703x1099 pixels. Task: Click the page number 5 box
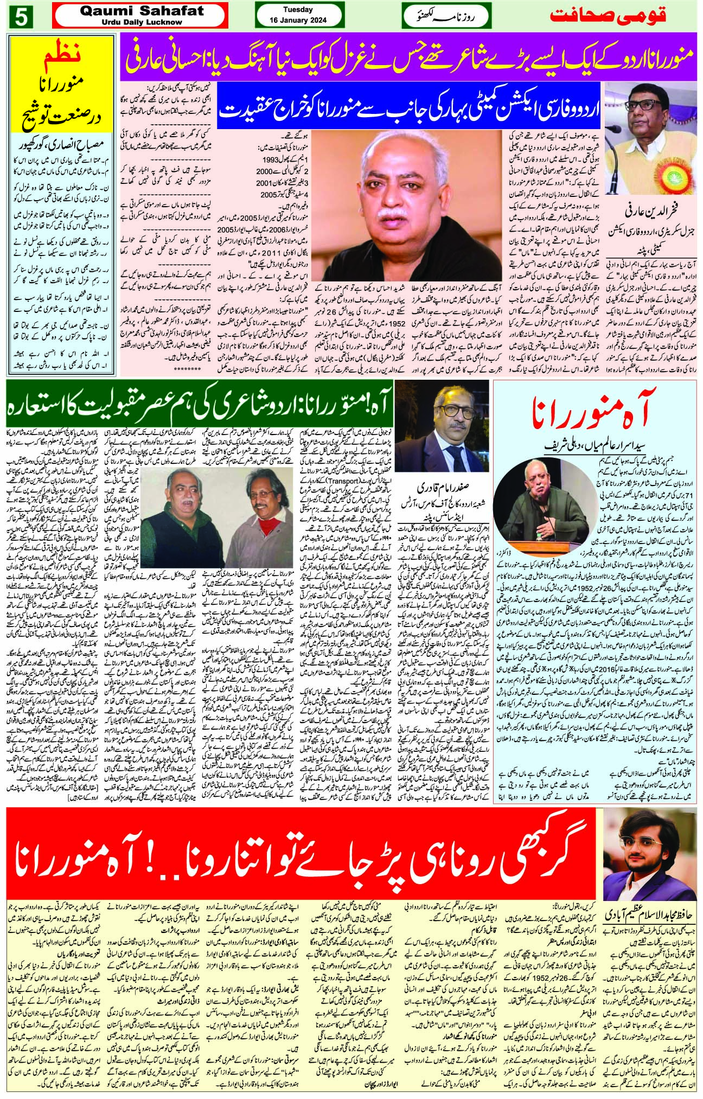tap(21, 16)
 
